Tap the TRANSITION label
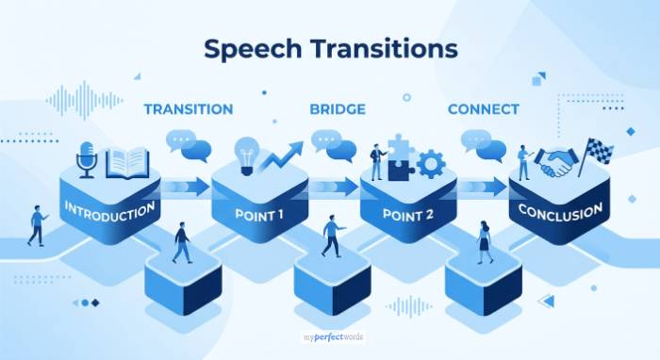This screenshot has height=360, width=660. [188, 109]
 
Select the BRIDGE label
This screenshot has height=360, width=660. [337, 109]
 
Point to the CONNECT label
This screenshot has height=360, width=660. [483, 109]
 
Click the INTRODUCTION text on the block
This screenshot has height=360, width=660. [108, 209]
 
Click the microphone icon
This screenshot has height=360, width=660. [87, 159]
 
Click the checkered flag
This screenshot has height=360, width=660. [597, 154]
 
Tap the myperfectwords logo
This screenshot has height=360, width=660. [330, 336]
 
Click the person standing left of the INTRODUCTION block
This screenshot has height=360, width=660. [38, 225]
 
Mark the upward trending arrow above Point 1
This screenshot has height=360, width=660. [282, 155]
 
